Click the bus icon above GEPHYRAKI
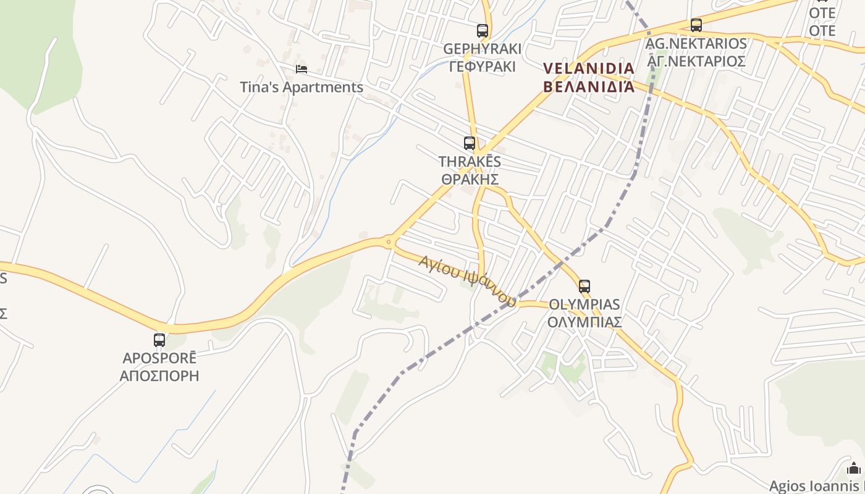(483, 30)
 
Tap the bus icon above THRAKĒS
(470, 143)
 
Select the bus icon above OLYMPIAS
(584, 286)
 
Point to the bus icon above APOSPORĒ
(159, 340)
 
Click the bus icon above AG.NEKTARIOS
(696, 25)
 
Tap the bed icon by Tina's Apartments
(301, 69)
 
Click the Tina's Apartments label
(302, 87)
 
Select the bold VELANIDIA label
(589, 68)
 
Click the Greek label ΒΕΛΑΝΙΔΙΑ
(589, 85)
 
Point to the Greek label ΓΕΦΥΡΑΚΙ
(482, 66)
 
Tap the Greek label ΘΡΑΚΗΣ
(470, 179)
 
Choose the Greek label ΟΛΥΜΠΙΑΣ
(584, 322)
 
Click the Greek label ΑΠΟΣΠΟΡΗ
(159, 375)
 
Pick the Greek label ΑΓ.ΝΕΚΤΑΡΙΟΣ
(696, 61)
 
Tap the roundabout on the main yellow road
(389, 242)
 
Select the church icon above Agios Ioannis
(854, 467)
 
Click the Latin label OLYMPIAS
(584, 304)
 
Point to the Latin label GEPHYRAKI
(482, 49)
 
